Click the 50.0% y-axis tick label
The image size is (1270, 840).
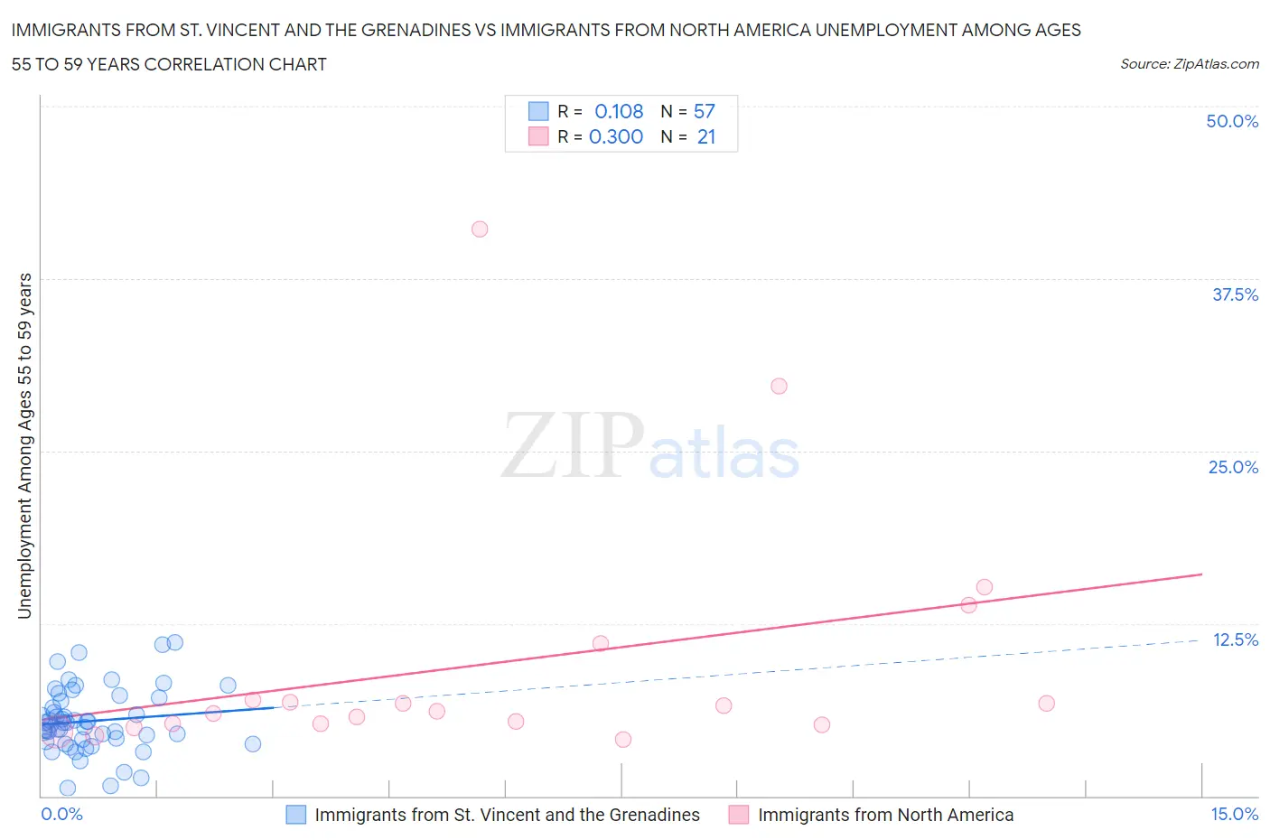click(1231, 121)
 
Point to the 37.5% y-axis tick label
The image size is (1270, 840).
click(1235, 294)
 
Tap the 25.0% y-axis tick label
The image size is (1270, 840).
click(1233, 467)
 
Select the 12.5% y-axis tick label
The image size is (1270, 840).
click(1235, 639)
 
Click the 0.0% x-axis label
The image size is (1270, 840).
click(61, 814)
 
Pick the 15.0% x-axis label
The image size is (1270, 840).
click(1234, 814)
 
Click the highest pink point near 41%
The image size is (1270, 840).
click(480, 229)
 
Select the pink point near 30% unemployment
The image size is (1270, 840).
click(779, 386)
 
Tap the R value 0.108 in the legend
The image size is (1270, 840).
click(619, 111)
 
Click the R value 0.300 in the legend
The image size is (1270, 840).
click(616, 136)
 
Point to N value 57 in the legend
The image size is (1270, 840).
click(704, 111)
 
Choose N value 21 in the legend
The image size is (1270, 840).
click(705, 136)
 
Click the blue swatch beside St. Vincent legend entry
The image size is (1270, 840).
click(296, 815)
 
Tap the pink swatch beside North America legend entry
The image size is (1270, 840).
click(739, 815)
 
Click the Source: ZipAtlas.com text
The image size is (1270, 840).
click(1189, 63)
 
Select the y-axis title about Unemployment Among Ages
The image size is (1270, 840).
click(24, 446)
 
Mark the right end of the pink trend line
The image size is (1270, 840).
click(1201, 574)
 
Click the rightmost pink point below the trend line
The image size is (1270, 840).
click(1046, 703)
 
